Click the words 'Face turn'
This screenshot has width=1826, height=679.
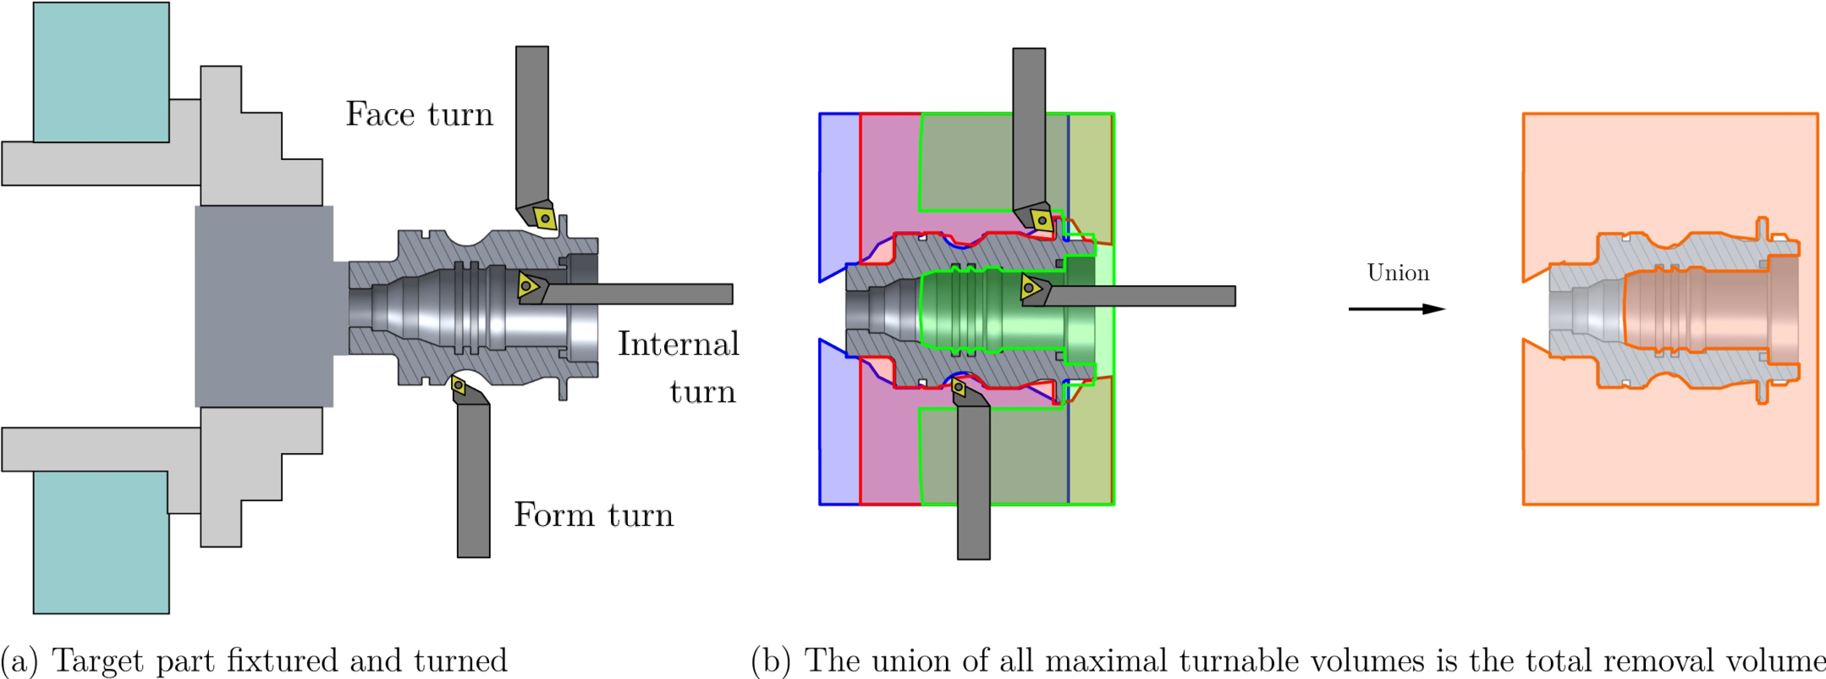419,114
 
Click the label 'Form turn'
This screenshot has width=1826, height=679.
593,515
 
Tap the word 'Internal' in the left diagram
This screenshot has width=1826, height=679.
678,344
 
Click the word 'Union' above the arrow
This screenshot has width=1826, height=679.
1398,273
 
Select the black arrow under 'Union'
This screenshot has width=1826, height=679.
1396,309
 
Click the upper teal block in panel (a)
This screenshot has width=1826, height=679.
101,72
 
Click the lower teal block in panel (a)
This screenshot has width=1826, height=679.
101,542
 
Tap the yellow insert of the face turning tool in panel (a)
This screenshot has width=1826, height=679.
545,218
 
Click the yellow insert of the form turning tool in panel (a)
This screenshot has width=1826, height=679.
459,386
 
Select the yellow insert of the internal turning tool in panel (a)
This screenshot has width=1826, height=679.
527,285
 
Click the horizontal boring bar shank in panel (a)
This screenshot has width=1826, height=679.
643,294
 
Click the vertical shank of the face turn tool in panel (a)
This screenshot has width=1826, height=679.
532,127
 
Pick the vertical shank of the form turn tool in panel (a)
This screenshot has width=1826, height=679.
474,483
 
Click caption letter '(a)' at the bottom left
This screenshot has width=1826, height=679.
19,660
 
